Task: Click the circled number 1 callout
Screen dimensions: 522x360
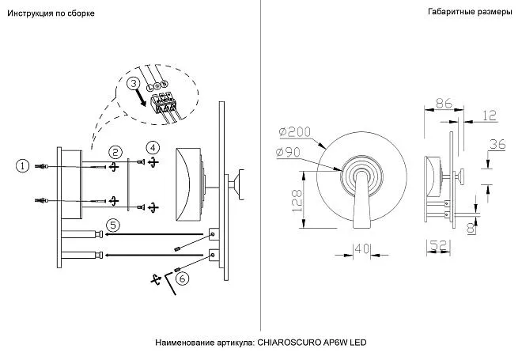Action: [x=23, y=165]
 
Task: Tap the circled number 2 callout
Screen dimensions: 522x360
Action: [x=115, y=152]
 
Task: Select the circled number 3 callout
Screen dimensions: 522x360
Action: [x=134, y=83]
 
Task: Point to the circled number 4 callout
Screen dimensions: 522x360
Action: [x=153, y=147]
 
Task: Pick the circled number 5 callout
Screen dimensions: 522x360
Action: [x=113, y=225]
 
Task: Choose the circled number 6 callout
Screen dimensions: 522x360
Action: [x=182, y=279]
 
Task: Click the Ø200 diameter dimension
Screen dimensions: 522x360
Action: [x=295, y=132]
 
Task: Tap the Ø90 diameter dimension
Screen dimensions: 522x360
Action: [x=289, y=153]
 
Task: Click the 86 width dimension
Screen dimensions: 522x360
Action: [x=444, y=103]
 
